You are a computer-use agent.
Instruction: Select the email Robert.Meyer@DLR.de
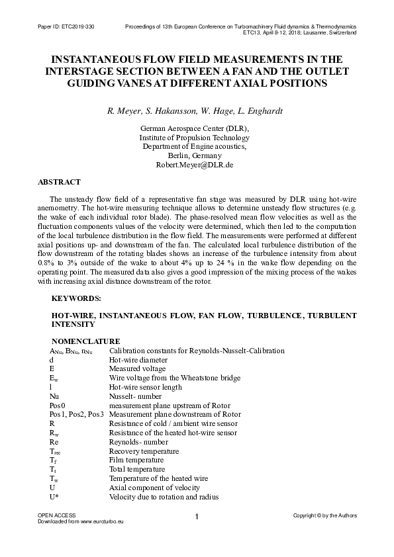(197, 164)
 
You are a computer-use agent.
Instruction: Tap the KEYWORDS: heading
(75, 299)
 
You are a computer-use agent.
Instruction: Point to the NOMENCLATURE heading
(81, 341)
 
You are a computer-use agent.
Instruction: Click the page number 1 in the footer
(197, 517)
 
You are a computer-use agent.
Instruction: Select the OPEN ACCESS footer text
(56, 515)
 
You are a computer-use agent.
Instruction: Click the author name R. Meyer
(124, 110)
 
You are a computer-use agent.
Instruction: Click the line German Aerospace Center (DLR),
(197, 128)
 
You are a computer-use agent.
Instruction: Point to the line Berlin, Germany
(197, 155)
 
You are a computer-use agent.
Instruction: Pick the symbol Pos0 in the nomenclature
(58, 404)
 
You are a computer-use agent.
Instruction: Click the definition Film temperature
(135, 459)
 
